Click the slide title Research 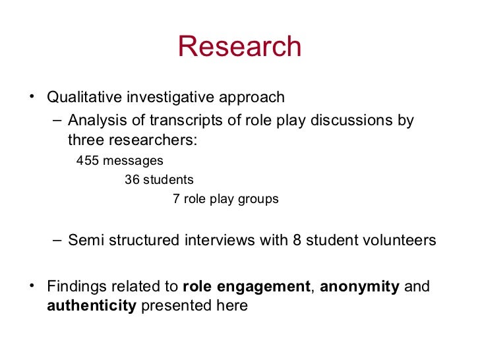point(239,47)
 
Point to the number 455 point(87,160)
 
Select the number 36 point(132,179)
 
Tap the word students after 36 point(168,179)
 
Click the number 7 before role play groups point(176,198)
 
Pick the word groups point(259,198)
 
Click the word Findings point(73,287)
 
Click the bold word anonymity point(359,287)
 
